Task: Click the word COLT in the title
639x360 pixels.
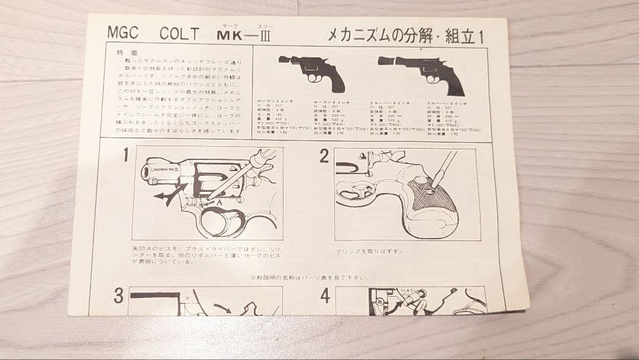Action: click(x=179, y=34)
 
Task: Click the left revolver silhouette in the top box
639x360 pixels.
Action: click(x=319, y=72)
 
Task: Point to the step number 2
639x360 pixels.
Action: click(x=324, y=156)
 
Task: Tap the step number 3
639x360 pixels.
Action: click(x=118, y=296)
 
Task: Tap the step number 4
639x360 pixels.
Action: click(x=325, y=296)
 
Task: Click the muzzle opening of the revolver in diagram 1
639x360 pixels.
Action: click(x=146, y=172)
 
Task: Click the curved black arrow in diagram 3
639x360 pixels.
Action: click(x=224, y=308)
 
